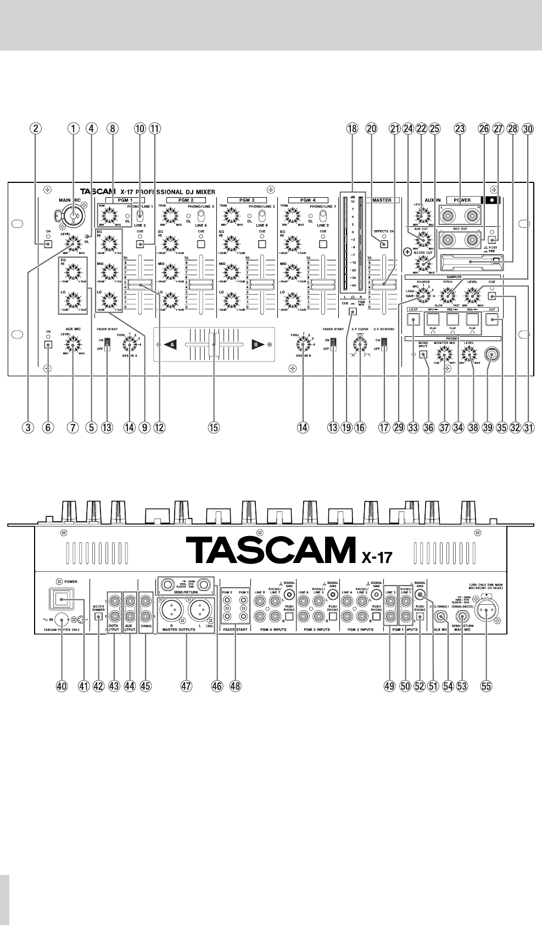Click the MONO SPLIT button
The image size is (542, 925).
click(x=423, y=355)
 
